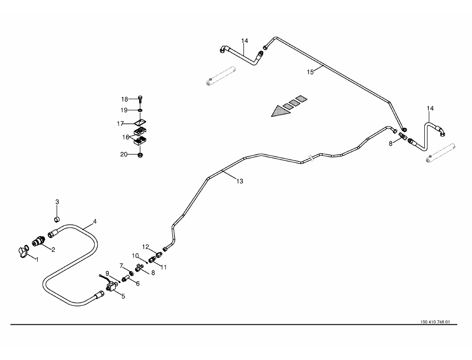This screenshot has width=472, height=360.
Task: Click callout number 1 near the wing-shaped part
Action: pyautogui.click(x=35, y=259)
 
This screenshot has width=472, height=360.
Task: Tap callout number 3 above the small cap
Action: pyautogui.click(x=57, y=202)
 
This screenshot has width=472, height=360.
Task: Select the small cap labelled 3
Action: pyautogui.click(x=57, y=219)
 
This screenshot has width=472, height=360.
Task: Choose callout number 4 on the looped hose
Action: pyautogui.click(x=95, y=221)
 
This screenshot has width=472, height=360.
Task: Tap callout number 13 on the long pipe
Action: pyautogui.click(x=240, y=182)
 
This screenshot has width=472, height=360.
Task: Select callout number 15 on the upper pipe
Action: pyautogui.click(x=311, y=72)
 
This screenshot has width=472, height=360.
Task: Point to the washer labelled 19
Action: pyautogui.click(x=141, y=110)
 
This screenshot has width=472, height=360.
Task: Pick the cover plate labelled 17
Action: pyautogui.click(x=141, y=122)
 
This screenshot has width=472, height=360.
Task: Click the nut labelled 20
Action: pyautogui.click(x=141, y=155)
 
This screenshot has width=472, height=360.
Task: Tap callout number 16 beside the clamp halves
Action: pyautogui.click(x=126, y=137)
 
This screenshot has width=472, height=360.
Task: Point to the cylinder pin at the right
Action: pyautogui.click(x=441, y=154)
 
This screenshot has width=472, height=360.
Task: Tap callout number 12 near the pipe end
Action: pyautogui.click(x=146, y=247)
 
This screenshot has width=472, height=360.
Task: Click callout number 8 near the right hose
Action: pyautogui.click(x=391, y=144)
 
